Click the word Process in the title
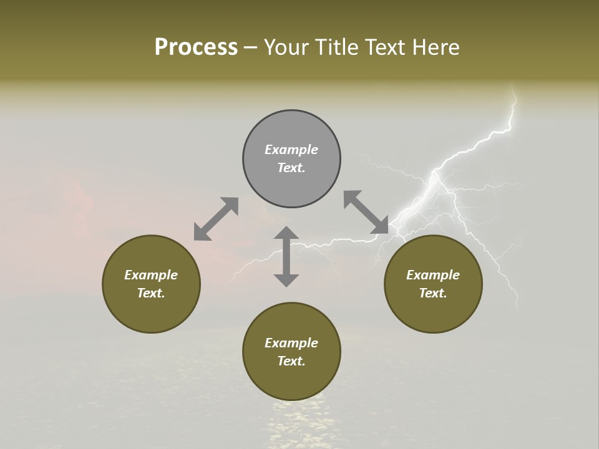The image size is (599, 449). click(x=196, y=47)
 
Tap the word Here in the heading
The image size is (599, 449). click(x=436, y=47)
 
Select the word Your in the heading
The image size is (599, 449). click(x=285, y=47)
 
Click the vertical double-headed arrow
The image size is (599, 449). click(x=286, y=257)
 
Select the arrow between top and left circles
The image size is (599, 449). click(x=216, y=219)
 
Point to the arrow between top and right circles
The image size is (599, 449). click(x=366, y=213)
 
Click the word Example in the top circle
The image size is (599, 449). click(x=291, y=150)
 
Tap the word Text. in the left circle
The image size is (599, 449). click(x=151, y=293)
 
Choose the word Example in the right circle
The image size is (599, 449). click(x=433, y=275)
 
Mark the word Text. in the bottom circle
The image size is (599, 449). click(x=291, y=361)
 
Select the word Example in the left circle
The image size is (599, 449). click(x=151, y=275)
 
